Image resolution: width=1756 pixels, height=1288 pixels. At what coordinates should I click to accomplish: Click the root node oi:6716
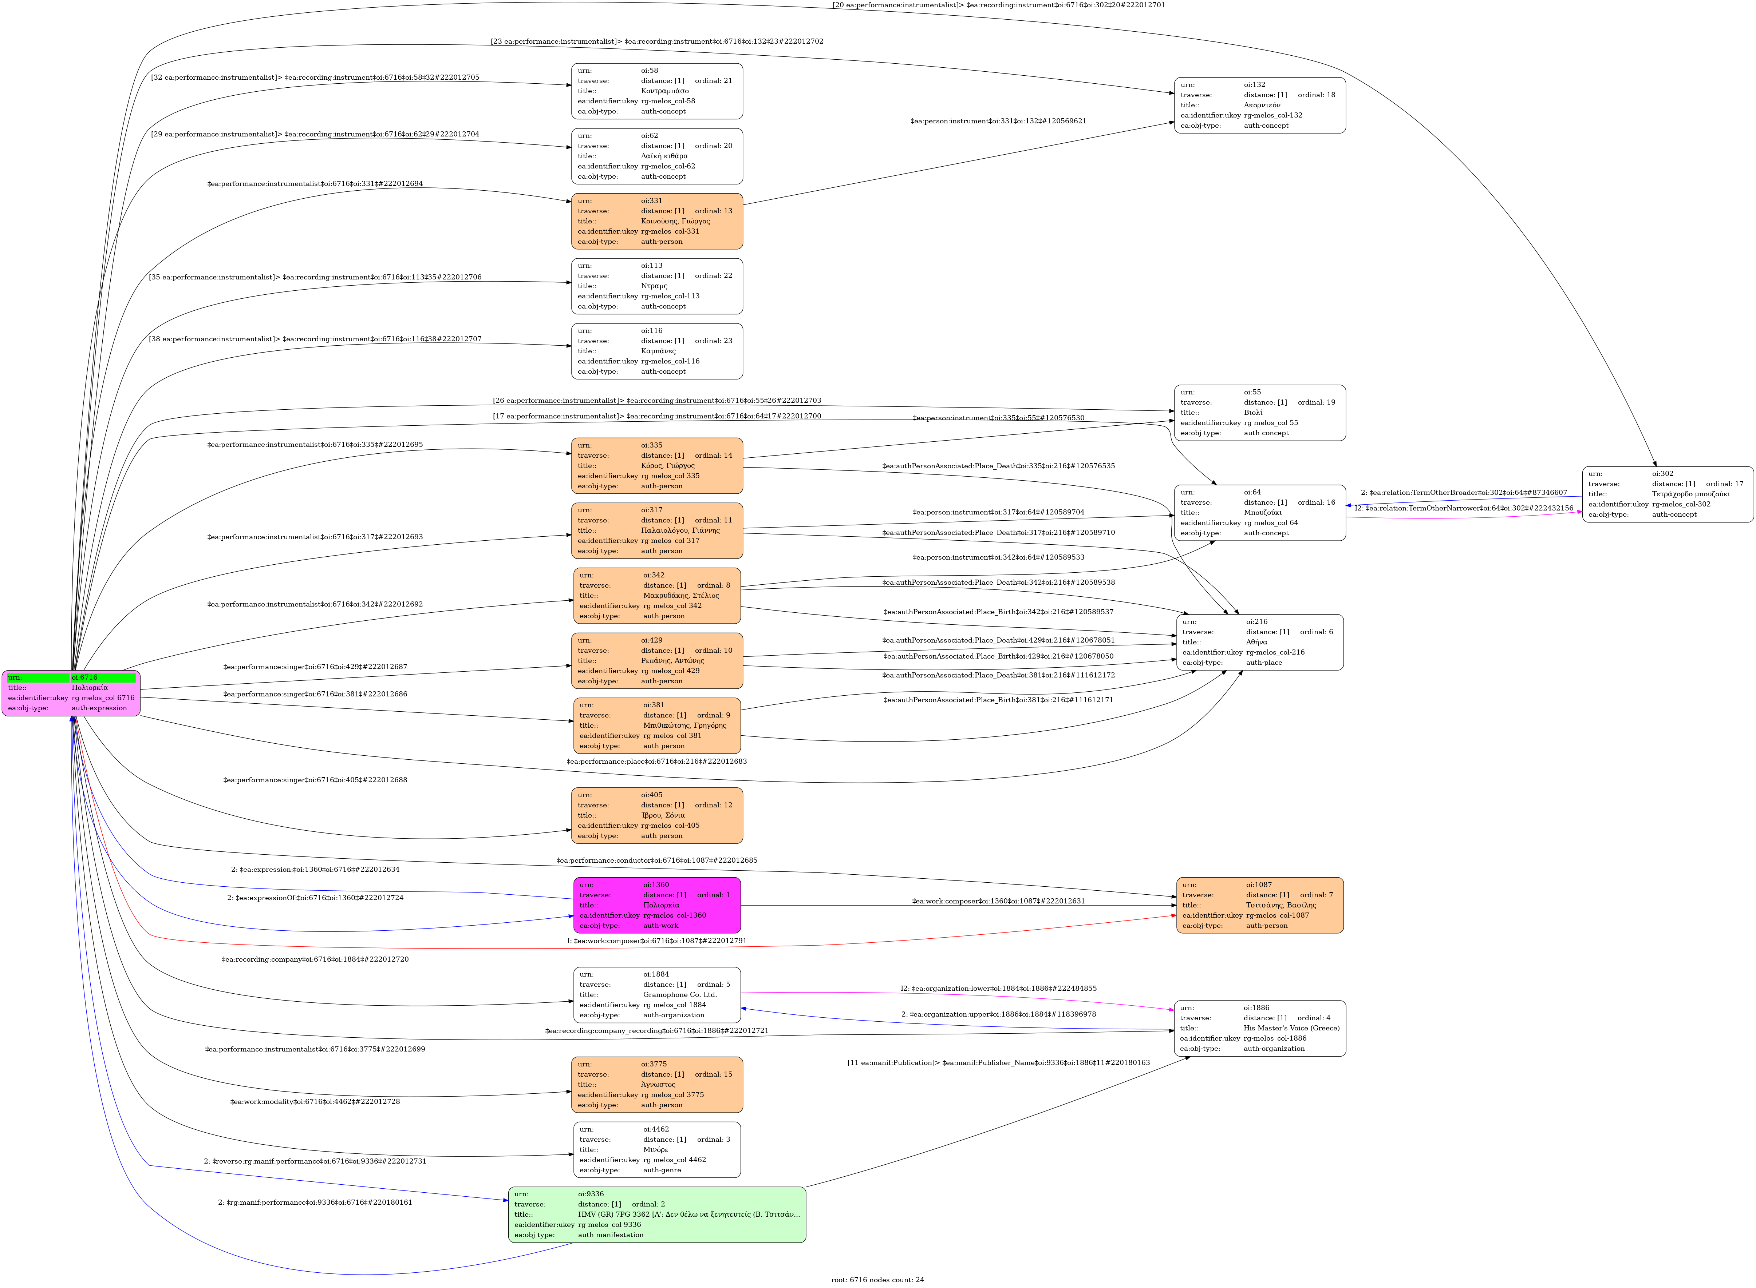point(71,692)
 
